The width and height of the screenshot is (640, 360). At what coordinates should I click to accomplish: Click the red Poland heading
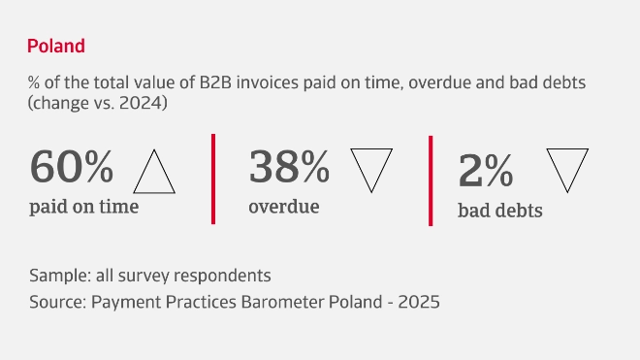coord(56,46)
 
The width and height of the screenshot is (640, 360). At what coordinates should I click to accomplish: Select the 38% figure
coord(290,168)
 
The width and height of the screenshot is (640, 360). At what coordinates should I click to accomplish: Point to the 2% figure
coord(485,172)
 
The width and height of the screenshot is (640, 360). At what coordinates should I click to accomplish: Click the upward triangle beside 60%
coord(154,173)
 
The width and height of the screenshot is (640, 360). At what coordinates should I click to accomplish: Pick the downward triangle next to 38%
coord(371,169)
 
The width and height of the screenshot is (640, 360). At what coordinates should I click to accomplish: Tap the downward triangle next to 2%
coord(567,169)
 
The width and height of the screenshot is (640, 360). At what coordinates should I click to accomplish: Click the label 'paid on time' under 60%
coord(84,206)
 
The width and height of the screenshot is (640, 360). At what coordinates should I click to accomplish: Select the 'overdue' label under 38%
coord(284,206)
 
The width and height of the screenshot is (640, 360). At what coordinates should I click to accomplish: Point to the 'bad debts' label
coord(499,210)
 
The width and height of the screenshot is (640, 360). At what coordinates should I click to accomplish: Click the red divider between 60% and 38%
coord(213,180)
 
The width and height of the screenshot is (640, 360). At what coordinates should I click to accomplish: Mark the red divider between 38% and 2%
coord(431,180)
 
